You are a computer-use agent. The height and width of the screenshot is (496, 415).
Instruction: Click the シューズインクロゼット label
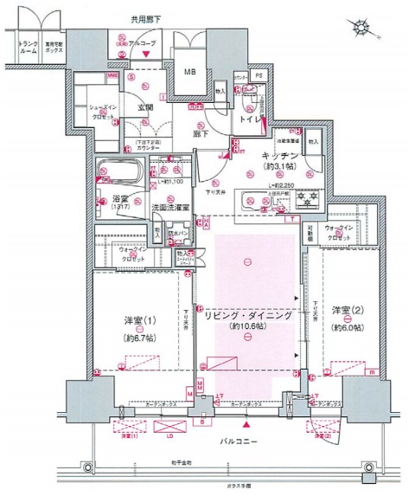tap(105, 112)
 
